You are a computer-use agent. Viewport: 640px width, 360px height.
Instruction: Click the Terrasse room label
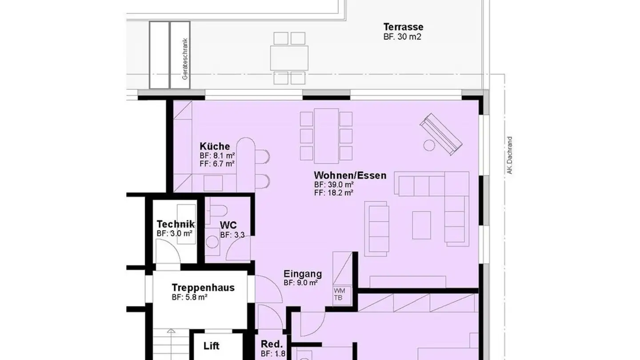pos(403,27)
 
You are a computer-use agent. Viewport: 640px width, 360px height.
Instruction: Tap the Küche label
pos(215,146)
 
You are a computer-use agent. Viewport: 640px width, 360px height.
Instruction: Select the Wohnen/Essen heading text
pos(350,175)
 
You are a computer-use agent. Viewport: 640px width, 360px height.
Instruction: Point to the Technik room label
pos(176,224)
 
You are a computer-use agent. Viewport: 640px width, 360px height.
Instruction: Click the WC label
pos(228,225)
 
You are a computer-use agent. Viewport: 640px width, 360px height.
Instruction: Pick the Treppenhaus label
pos(203,288)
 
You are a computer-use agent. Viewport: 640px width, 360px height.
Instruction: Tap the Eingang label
pos(303,274)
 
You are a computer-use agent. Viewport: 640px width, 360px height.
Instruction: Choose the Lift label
pos(212,346)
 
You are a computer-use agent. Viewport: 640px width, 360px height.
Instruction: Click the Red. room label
pos(272,344)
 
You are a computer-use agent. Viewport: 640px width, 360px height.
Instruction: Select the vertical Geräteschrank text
pos(185,59)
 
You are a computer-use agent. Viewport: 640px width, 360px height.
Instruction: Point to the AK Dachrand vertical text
pos(510,155)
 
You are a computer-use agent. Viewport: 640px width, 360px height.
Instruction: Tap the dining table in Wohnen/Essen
pos(326,135)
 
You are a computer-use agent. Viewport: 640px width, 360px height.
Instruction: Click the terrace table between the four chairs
pos(289,58)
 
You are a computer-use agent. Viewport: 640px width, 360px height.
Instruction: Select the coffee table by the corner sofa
pos(421,225)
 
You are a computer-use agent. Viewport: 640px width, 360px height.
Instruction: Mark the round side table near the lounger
pos(429,145)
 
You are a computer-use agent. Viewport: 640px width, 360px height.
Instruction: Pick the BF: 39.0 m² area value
pos(334,184)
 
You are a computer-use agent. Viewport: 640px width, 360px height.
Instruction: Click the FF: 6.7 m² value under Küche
pos(217,164)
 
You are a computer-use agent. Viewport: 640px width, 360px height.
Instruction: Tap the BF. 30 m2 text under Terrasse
pos(402,37)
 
